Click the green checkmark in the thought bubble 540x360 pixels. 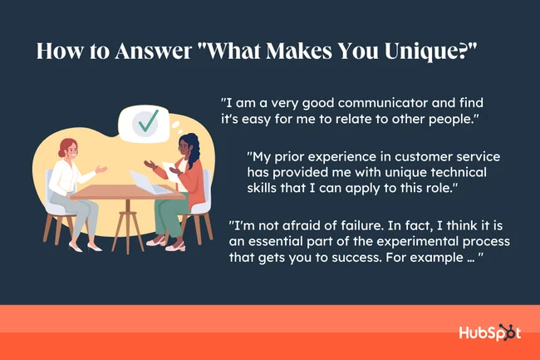coord(148,122)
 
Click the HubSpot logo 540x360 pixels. coord(490,333)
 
